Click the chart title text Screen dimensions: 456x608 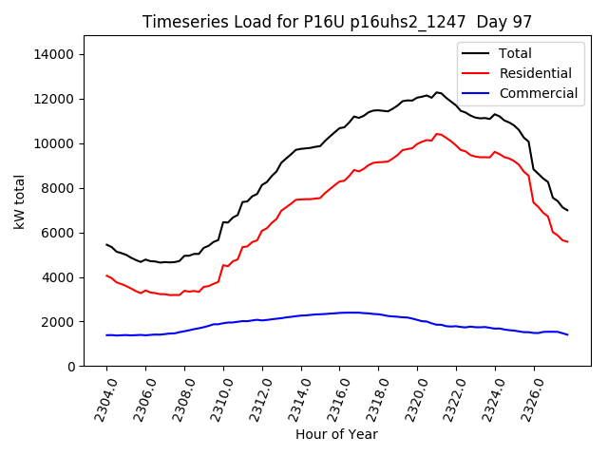[x=337, y=21]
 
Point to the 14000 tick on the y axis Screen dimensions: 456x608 [x=55, y=54]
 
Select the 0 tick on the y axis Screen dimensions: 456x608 [x=71, y=367]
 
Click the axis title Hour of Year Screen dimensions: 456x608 [x=336, y=434]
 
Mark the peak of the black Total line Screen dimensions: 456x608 [x=437, y=92]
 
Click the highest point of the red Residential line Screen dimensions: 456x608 [x=437, y=134]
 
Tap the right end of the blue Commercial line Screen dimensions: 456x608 [x=567, y=334]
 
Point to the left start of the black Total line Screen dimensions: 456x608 [x=106, y=244]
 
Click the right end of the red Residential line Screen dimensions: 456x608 [x=567, y=242]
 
